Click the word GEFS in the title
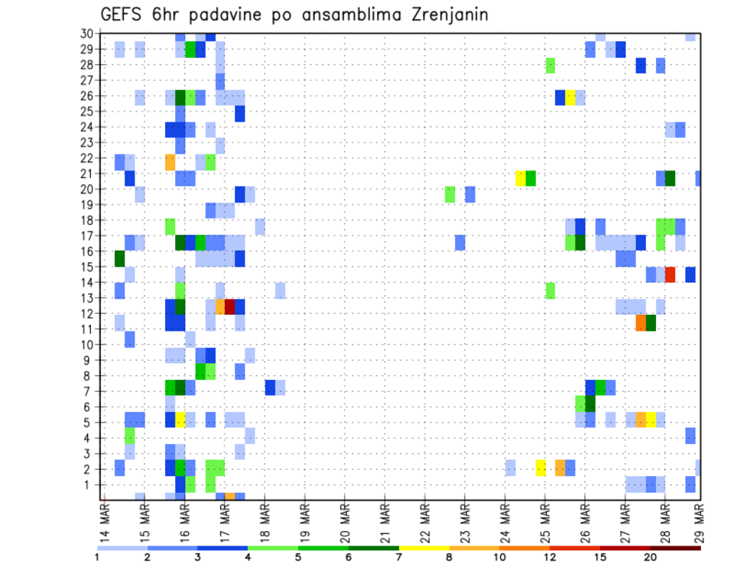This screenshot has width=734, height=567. [121, 15]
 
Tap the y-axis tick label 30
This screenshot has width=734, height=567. [87, 34]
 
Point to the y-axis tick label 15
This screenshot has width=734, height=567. [87, 267]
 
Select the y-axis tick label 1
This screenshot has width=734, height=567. [90, 484]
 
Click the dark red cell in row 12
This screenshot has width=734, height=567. [229, 306]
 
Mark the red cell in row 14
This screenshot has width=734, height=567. [671, 274]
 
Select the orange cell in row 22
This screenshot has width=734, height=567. [170, 162]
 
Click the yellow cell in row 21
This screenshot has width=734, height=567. [521, 178]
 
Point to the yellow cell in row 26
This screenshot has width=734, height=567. [570, 97]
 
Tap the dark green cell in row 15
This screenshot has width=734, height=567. [119, 258]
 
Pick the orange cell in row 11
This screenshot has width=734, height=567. [641, 322]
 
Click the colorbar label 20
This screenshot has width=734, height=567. [651, 556]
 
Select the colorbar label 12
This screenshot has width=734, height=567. [550, 556]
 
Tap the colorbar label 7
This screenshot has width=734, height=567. [399, 556]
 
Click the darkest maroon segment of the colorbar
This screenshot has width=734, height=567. [676, 548]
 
